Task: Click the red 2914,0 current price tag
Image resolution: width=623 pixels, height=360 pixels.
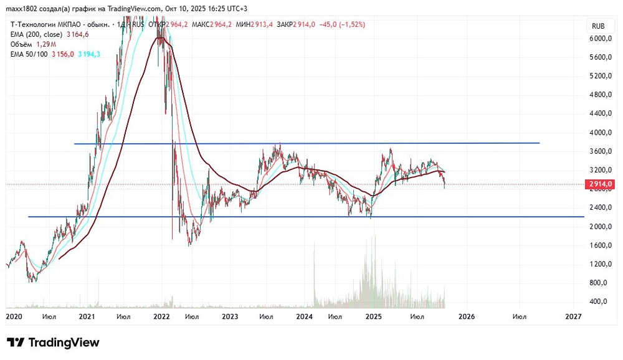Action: coord(601,184)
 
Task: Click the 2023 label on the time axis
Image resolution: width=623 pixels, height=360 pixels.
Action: coord(230,317)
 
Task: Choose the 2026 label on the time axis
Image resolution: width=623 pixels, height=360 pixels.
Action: coord(467,317)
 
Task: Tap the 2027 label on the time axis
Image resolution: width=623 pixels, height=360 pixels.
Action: coord(573,317)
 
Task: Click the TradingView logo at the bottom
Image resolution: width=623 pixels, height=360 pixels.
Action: coord(53,343)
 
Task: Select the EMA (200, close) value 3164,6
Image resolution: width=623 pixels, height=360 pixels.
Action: coord(77,34)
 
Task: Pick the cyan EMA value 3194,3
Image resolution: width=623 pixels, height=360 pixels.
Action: coord(88,54)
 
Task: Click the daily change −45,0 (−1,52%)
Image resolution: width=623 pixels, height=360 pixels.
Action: coord(342,24)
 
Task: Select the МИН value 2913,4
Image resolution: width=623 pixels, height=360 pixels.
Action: coord(265,24)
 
